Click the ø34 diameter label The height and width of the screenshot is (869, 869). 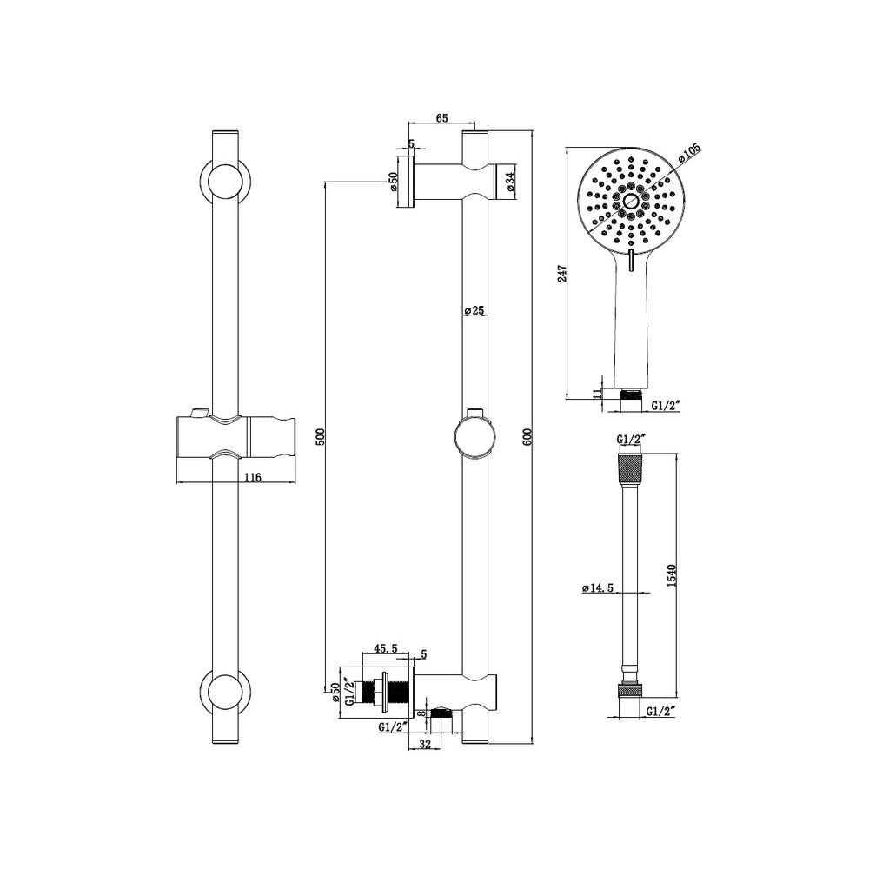tap(510, 181)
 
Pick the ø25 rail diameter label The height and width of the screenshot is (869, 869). tap(473, 310)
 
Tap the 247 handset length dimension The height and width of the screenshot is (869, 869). tap(562, 273)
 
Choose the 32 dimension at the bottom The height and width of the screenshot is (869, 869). tap(425, 743)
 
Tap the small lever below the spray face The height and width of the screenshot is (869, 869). tap(628, 260)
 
